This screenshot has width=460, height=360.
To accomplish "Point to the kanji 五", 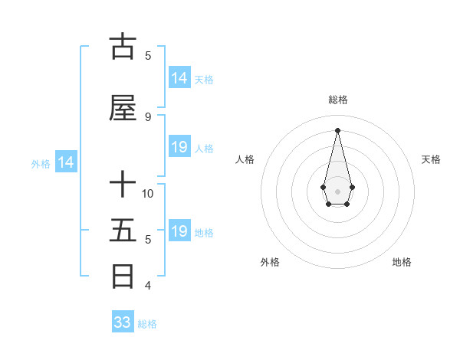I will [x=123, y=231].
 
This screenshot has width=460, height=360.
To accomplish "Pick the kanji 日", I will [x=123, y=277].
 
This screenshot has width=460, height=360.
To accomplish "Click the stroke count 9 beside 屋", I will [x=147, y=116].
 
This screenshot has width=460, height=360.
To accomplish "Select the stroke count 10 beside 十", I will [x=148, y=193].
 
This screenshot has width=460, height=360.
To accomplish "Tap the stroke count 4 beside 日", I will [x=147, y=286].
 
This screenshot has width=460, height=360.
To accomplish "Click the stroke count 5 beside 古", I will [x=147, y=55].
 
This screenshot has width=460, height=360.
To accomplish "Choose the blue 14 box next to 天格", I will [x=179, y=77].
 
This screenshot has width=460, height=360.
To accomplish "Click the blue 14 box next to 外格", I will [x=65, y=162].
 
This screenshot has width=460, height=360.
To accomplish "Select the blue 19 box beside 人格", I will [x=179, y=147].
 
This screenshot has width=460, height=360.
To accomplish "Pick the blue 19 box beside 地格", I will [x=179, y=231].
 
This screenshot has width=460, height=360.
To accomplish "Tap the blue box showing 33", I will [x=123, y=322].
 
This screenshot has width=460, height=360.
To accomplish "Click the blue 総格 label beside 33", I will [x=147, y=324].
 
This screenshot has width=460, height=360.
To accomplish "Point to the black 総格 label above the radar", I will [x=337, y=100].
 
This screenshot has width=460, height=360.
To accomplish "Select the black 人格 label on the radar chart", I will [x=245, y=159].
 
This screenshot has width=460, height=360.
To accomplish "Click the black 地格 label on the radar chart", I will [x=402, y=262].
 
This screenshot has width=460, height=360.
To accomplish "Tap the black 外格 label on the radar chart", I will [x=270, y=262].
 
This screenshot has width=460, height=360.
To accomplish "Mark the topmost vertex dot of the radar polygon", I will [x=337, y=129].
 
